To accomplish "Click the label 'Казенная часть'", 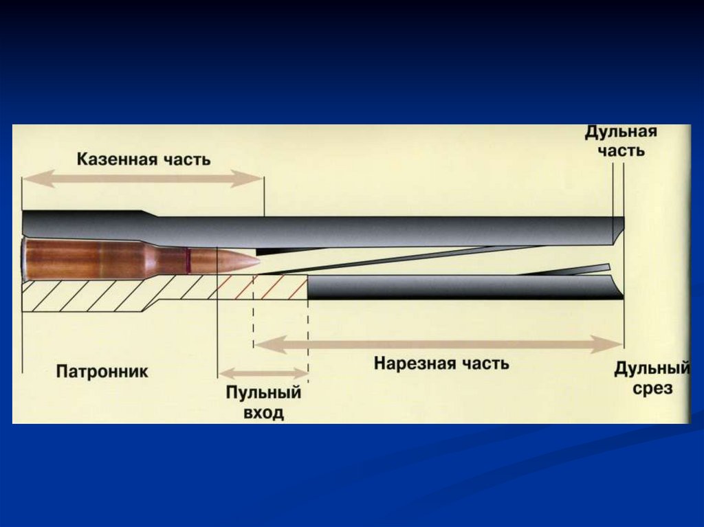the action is tap(143, 160).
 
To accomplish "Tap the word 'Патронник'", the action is tap(102, 372).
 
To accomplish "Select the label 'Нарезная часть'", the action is tap(441, 363).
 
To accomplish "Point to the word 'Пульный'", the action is tap(263, 393).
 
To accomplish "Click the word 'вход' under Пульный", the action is tap(263, 414).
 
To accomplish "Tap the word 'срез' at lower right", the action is tap(654, 389).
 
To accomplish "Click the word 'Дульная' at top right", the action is tap(621, 131).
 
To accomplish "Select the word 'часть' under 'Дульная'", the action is tap(621, 150).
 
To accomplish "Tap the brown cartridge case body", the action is tap(89, 260).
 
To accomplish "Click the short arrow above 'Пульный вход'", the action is tap(263, 374).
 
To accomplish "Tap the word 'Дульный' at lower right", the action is tap(651, 370).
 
